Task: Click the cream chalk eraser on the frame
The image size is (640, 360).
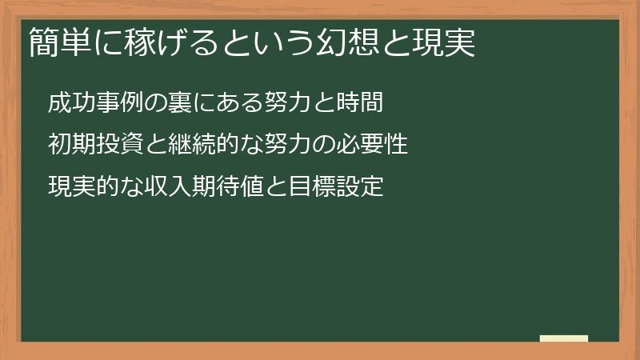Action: tap(563, 338)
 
